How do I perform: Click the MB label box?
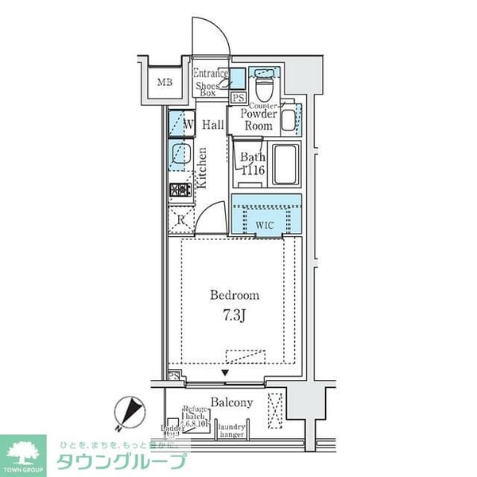pos(165,82)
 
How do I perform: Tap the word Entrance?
pos(211,75)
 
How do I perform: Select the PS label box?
pos(238,99)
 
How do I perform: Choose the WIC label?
pos(266,225)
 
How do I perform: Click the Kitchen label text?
pos(203,167)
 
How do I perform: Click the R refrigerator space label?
pos(181,220)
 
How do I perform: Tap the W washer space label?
pos(188,125)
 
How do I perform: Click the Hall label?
pos(212,125)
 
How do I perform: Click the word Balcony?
pos(232,402)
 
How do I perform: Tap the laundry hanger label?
pos(232,430)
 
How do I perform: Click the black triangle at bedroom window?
pos(225,372)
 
